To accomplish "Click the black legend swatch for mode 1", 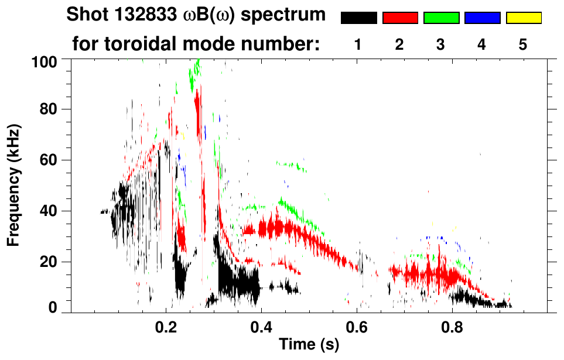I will [359, 18].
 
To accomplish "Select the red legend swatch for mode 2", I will [400, 18].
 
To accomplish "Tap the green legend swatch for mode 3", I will [441, 18].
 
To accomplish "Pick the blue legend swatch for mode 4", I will [482, 18].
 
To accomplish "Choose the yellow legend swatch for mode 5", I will [523, 18].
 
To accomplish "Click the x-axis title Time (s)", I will [308, 345].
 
